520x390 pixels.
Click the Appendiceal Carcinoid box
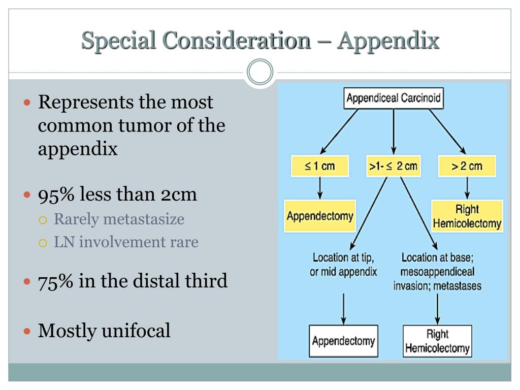click(x=394, y=99)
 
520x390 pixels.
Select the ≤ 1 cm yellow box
click(x=320, y=166)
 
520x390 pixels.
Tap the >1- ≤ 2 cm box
click(x=394, y=166)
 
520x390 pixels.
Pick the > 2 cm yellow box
click(x=467, y=166)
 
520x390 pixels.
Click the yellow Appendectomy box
click(x=320, y=216)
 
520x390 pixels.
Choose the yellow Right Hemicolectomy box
click(x=467, y=216)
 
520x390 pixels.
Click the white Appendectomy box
click(x=344, y=341)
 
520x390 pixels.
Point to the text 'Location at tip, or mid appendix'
click(x=343, y=265)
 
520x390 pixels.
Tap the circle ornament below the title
click(x=260, y=73)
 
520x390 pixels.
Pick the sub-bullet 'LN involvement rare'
click(x=126, y=242)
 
